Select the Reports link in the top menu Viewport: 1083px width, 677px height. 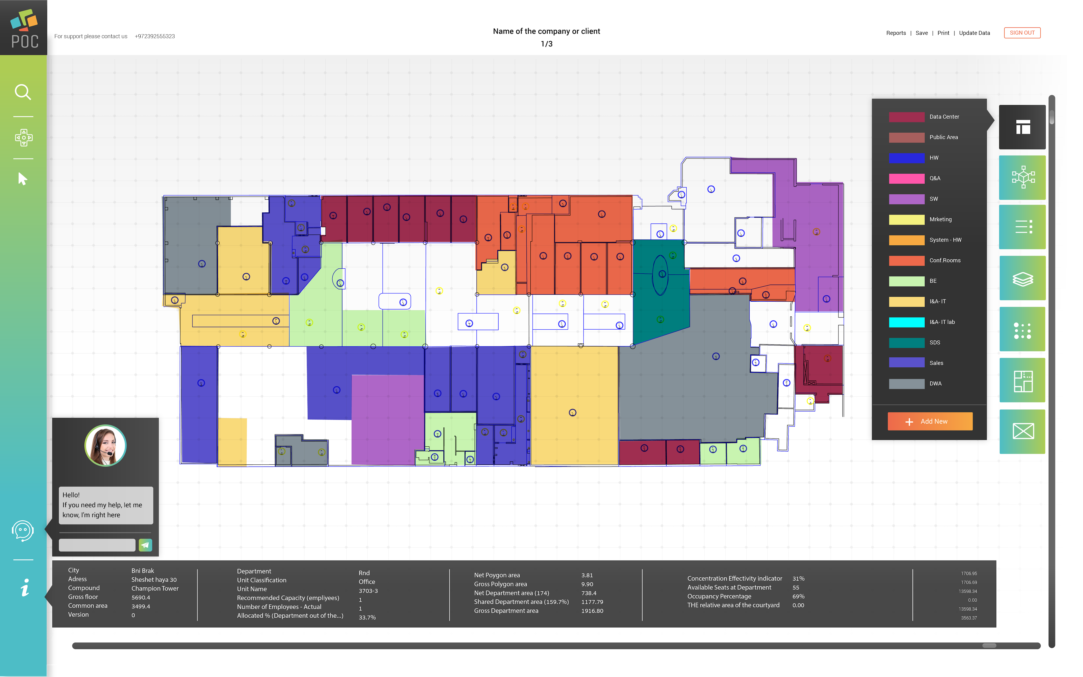(896, 33)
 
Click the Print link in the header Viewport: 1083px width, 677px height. (943, 33)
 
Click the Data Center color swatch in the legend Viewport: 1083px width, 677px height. (906, 117)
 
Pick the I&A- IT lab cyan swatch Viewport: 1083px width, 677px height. (906, 322)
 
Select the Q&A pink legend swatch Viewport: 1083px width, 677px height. (906, 179)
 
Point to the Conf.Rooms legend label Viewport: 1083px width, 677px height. (944, 261)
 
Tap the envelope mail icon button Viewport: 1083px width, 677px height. (1022, 431)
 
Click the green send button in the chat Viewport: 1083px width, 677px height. (145, 545)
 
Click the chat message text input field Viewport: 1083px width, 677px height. (97, 545)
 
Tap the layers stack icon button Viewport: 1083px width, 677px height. (1022, 279)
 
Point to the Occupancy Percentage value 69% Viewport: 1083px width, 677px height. (798, 596)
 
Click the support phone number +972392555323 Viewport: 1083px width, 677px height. (155, 36)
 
